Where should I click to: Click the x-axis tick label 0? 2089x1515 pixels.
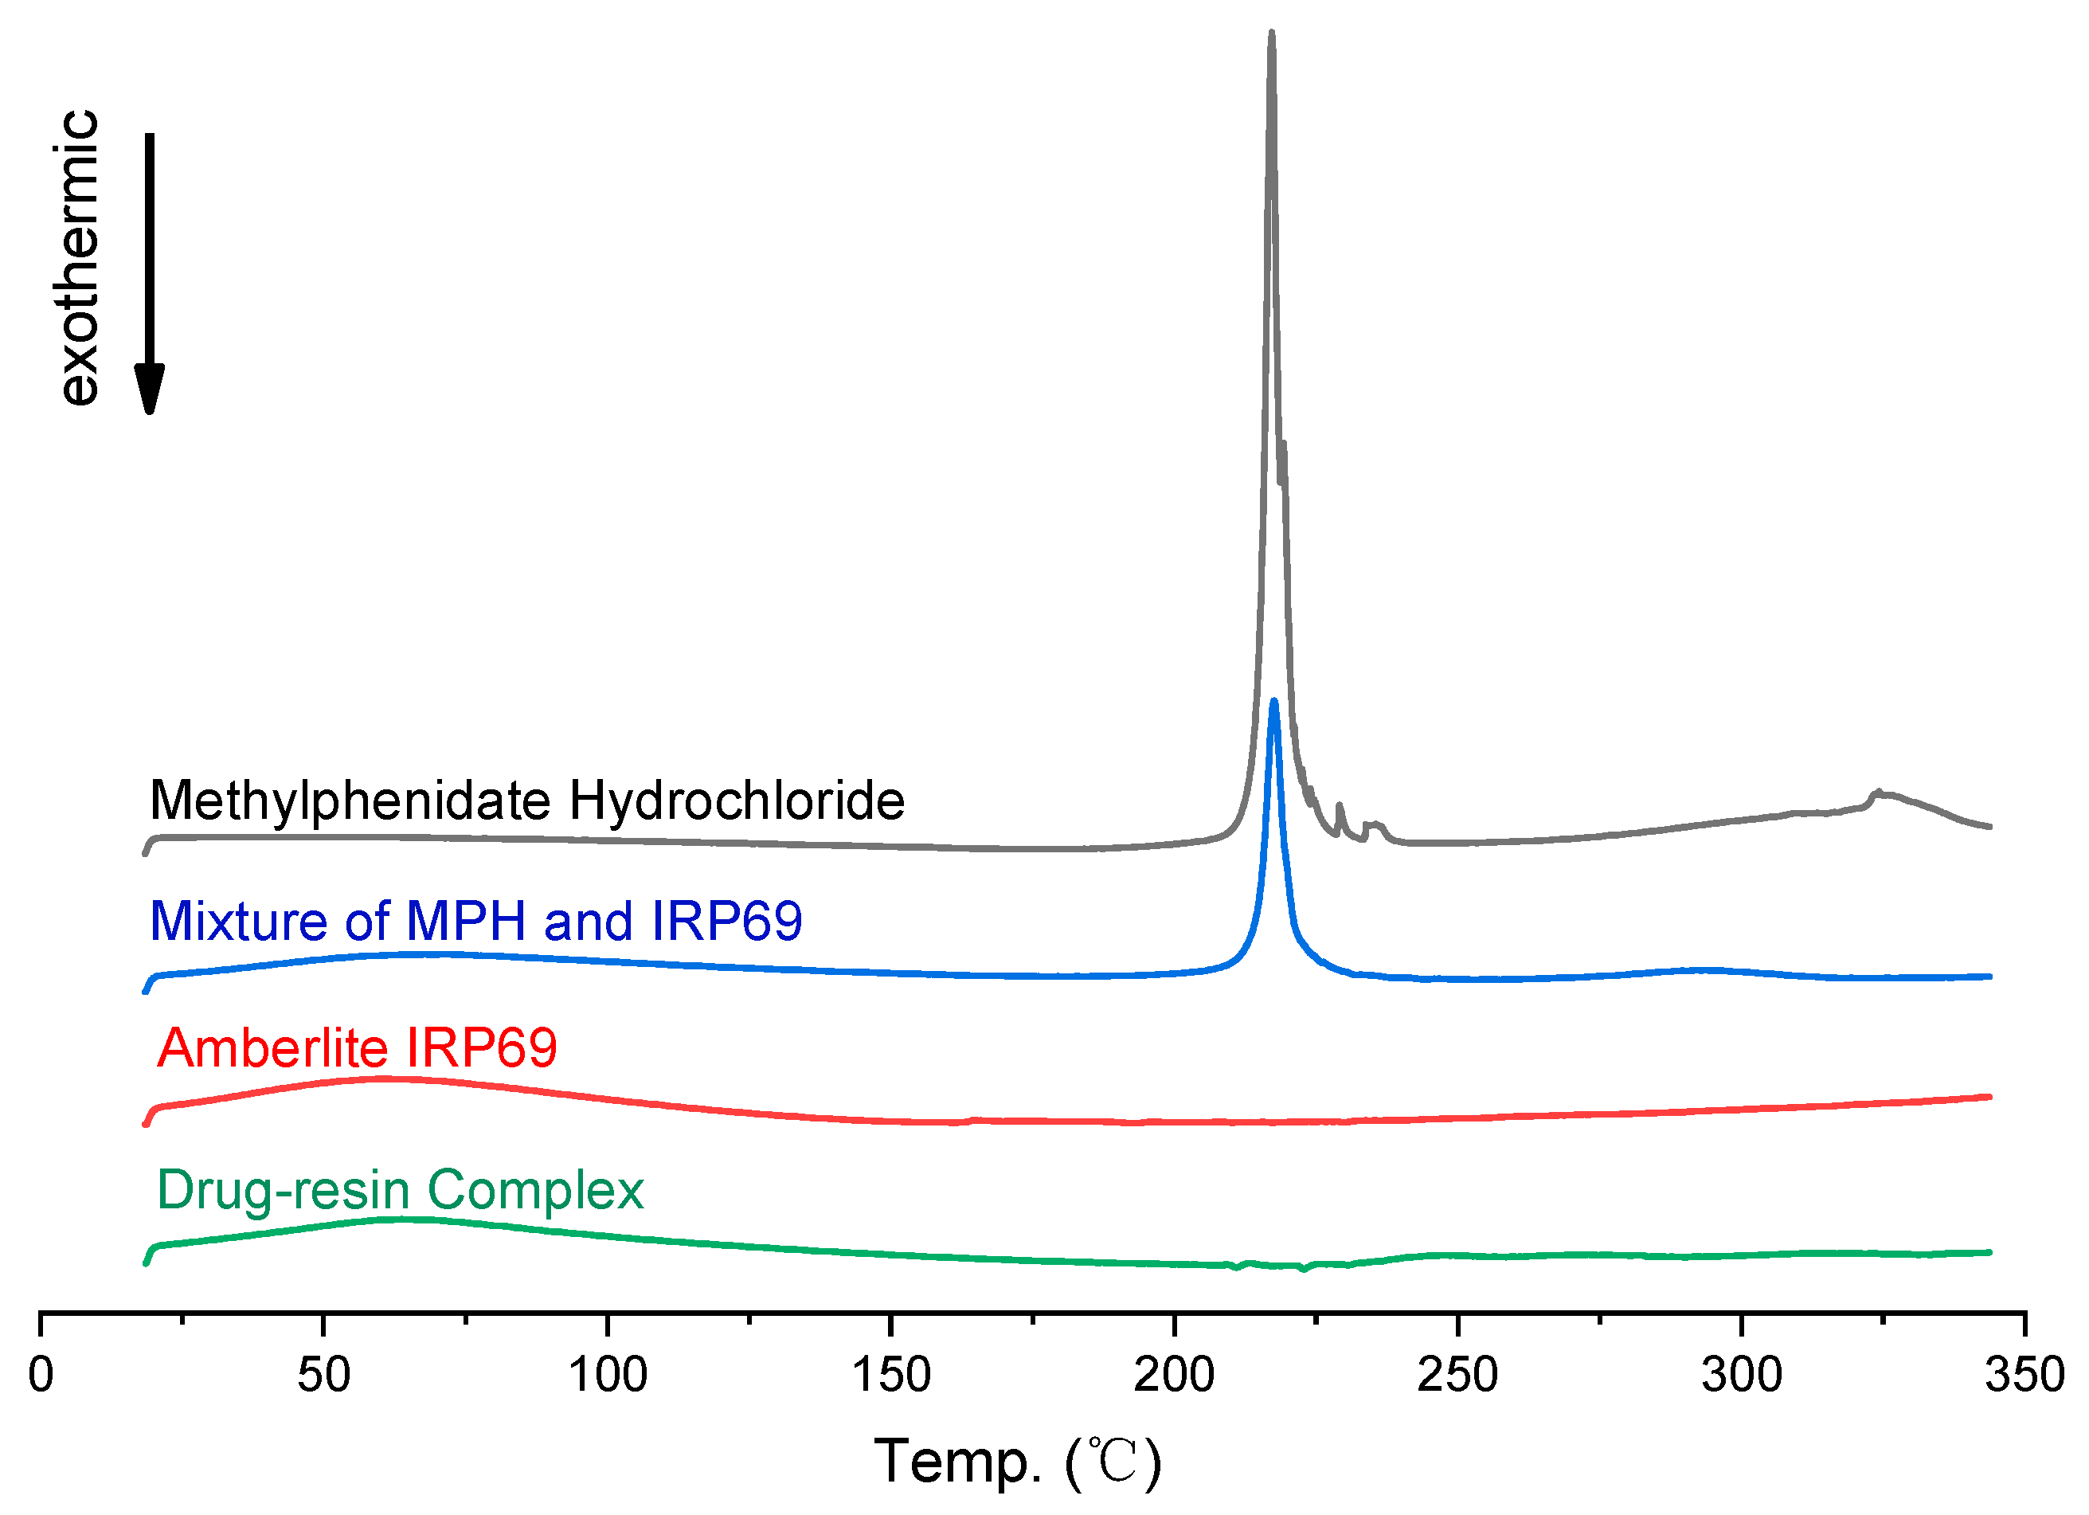click(x=41, y=1376)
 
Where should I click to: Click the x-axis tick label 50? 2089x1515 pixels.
click(x=323, y=1376)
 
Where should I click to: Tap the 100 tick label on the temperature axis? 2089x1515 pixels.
click(x=607, y=1376)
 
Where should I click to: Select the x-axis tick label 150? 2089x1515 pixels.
click(x=890, y=1376)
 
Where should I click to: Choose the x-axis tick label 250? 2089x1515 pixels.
click(x=1457, y=1376)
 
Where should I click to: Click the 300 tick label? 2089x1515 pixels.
click(x=1741, y=1376)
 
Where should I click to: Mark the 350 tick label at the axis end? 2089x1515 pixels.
click(x=2024, y=1376)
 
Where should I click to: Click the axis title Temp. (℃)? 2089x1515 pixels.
click(x=1017, y=1462)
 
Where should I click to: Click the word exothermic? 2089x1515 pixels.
click(x=79, y=257)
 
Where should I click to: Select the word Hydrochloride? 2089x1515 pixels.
click(x=737, y=801)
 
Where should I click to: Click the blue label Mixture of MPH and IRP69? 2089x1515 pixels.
click(x=475, y=921)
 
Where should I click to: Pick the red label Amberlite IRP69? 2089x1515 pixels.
click(x=358, y=1048)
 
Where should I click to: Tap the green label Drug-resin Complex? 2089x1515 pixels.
click(x=400, y=1190)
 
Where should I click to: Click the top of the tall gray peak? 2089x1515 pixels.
click(x=1271, y=34)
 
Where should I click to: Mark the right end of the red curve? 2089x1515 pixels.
click(x=1989, y=1097)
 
